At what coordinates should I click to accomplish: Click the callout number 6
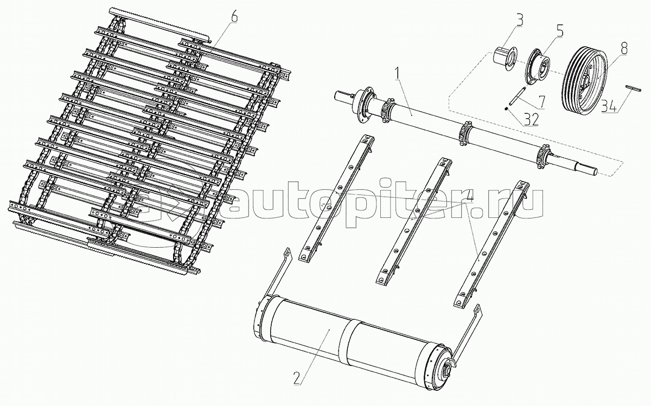234,17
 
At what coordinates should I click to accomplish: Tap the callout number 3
519,21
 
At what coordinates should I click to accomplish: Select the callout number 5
559,31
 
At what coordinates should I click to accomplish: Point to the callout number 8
623,48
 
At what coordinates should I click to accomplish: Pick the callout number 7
542,102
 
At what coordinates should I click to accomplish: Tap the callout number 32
531,119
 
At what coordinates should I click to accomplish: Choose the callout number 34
609,106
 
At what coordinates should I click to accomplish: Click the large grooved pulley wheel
584,79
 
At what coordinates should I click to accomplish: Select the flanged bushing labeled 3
506,59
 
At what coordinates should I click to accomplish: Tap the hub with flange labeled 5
537,68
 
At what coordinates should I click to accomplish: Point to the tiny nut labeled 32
507,109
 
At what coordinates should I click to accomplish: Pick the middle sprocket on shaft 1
465,133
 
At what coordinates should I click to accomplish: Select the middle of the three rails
414,221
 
